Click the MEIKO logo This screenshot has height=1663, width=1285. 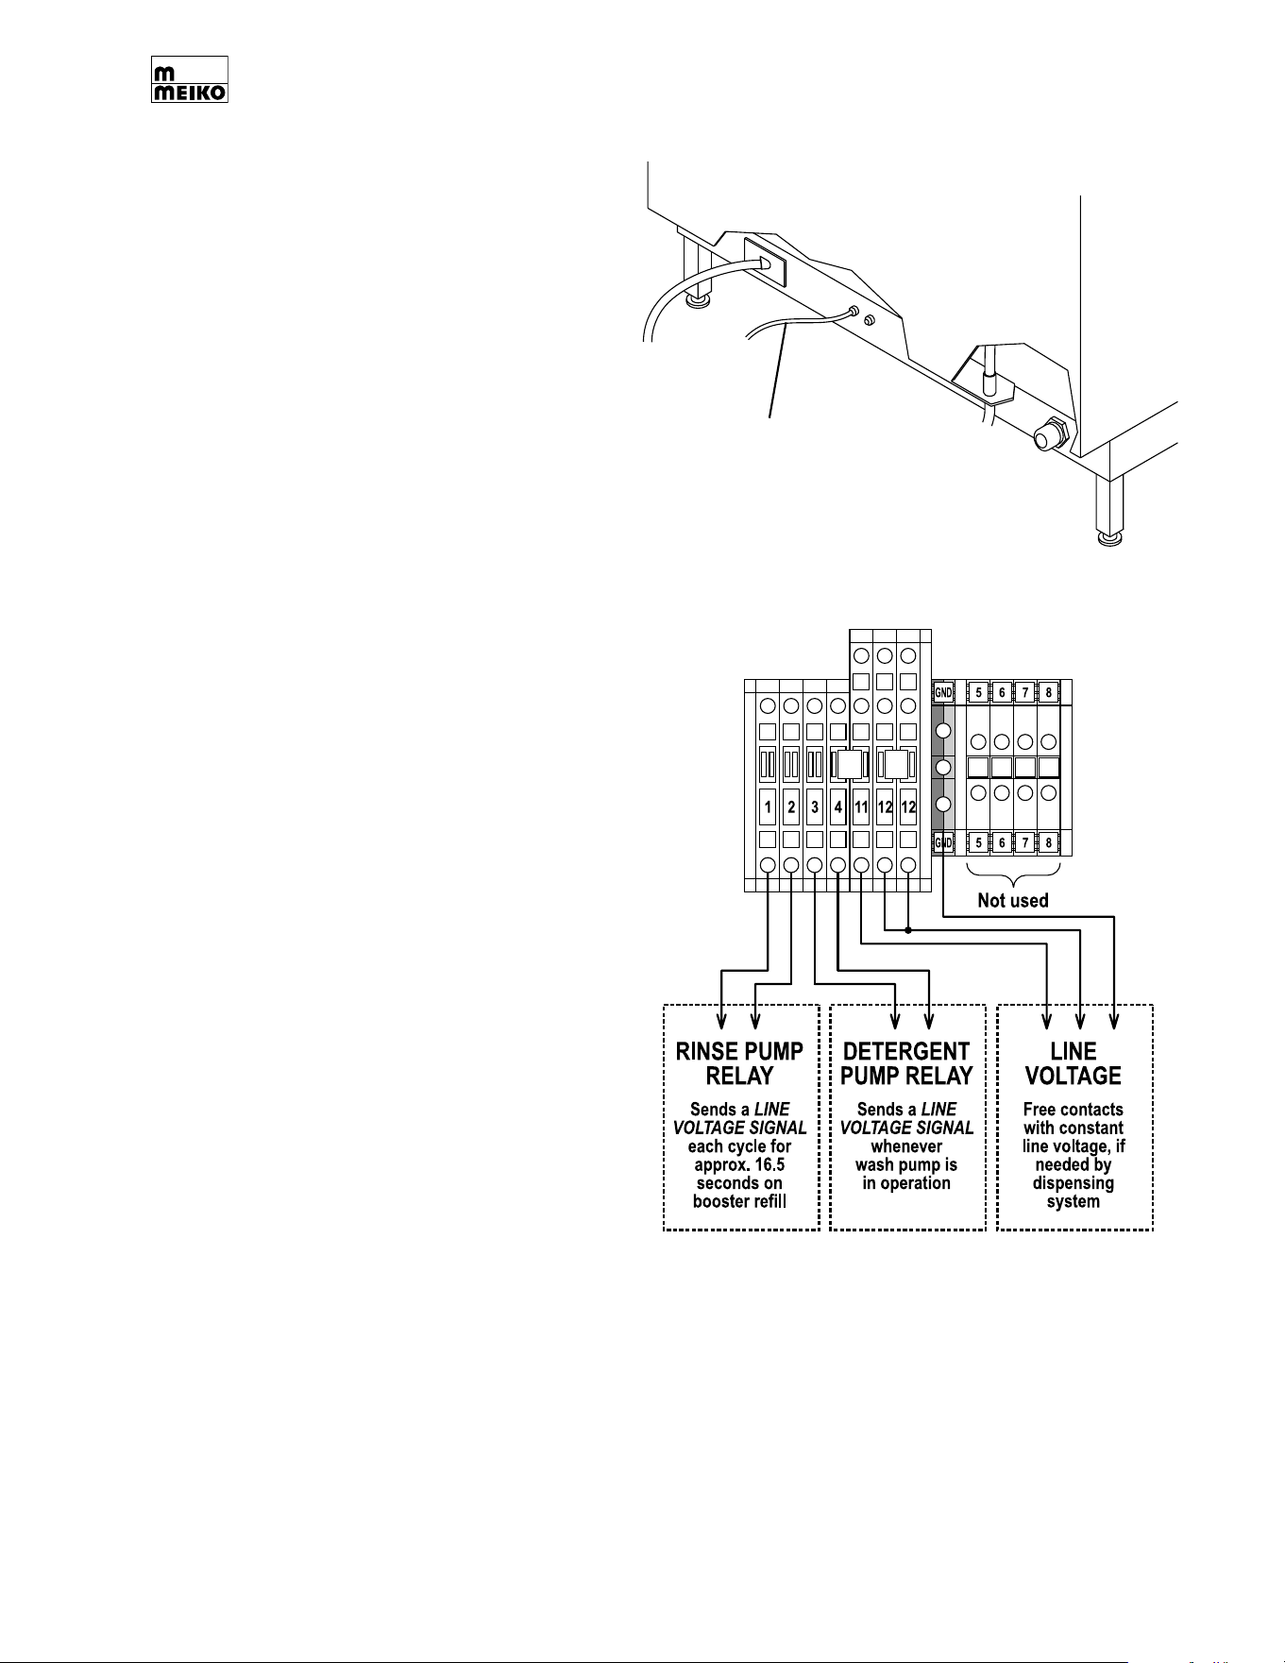coord(190,79)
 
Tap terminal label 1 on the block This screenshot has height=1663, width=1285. coord(769,807)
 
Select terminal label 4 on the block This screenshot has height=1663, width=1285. coord(838,807)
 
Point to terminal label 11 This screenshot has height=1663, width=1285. coord(861,807)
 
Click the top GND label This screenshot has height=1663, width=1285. coord(943,692)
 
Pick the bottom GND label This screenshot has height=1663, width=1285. coord(943,842)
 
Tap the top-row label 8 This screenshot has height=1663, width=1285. coord(1048,692)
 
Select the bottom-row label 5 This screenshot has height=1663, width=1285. coord(978,842)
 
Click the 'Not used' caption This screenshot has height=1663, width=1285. coord(1013,901)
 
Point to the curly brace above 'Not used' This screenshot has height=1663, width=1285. coord(1014,874)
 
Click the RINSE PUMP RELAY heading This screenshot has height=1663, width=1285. coord(740,1063)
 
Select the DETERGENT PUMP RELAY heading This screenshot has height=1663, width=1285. coord(906,1063)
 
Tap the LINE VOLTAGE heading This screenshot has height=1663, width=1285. coord(1074,1063)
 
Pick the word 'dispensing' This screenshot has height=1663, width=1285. coord(1074,1184)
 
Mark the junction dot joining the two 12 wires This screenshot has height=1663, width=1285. coord(908,930)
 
